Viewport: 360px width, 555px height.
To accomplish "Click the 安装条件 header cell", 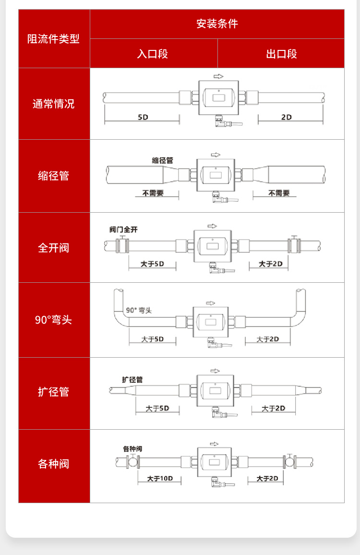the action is point(217,24).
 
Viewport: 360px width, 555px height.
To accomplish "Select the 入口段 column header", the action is point(153,54).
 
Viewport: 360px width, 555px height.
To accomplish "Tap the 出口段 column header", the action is point(281,54).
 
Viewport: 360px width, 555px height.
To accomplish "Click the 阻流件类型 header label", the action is point(53,38).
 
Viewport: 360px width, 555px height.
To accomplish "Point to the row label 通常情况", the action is point(53,104).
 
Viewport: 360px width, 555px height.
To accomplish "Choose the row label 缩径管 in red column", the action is point(53,176).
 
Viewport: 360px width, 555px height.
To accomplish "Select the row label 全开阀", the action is point(53,248).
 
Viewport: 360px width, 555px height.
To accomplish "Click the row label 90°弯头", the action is point(53,320).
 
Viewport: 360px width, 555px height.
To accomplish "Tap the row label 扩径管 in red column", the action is point(53,392).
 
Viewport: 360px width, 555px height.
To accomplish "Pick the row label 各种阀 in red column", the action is point(53,464).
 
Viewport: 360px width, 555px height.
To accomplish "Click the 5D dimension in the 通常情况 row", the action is point(143,117).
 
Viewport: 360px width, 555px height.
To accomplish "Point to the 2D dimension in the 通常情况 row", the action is point(287,117).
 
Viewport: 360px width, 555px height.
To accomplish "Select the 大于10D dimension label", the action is point(160,479).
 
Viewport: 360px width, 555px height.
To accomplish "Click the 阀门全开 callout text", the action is point(123,229).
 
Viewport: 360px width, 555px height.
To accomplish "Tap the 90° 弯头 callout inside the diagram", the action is point(139,311).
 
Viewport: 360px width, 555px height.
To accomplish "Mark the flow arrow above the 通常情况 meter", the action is point(218,76).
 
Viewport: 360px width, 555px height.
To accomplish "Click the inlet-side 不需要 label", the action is point(153,193).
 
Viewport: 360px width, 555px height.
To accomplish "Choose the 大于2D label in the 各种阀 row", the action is point(267,479).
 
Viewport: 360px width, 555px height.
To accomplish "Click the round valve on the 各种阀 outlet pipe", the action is point(290,462).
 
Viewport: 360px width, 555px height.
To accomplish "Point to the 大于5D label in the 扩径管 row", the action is point(157,409).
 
